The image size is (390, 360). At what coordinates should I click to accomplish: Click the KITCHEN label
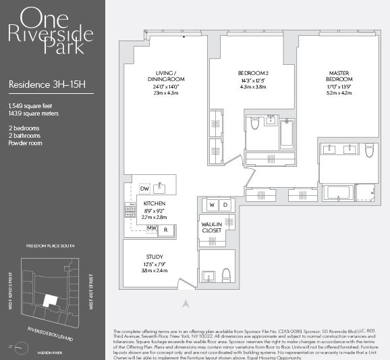click(x=155, y=203)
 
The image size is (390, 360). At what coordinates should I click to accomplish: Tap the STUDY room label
click(x=155, y=257)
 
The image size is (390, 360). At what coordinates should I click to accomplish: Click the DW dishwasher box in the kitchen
click(x=144, y=188)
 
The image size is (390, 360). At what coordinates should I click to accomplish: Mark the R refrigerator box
click(x=166, y=230)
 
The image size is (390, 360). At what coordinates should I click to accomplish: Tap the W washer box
click(x=212, y=205)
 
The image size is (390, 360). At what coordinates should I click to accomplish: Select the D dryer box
click(x=225, y=205)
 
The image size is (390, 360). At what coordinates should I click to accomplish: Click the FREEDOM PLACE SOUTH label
click(x=51, y=247)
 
